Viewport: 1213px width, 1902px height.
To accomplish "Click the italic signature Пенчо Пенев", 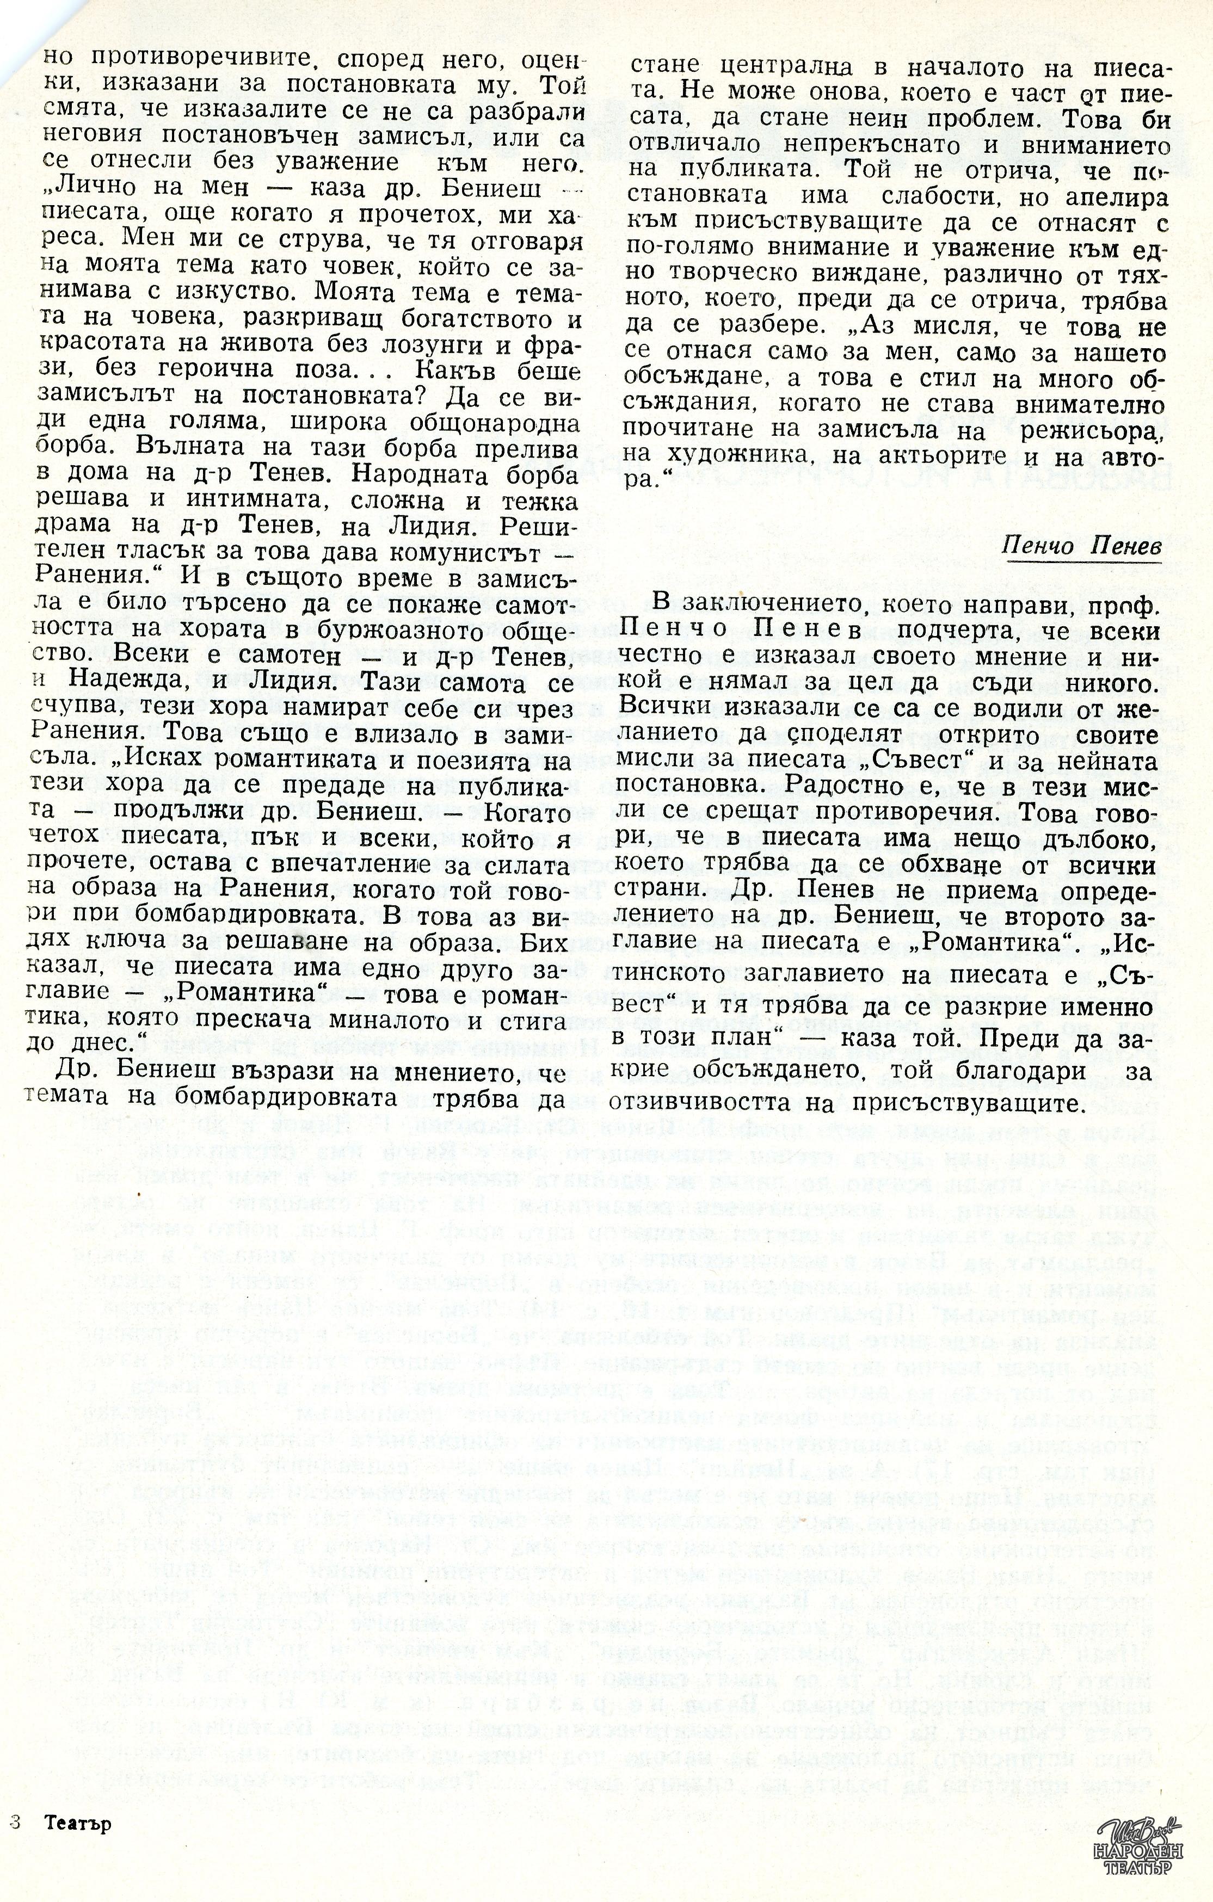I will (1081, 545).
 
